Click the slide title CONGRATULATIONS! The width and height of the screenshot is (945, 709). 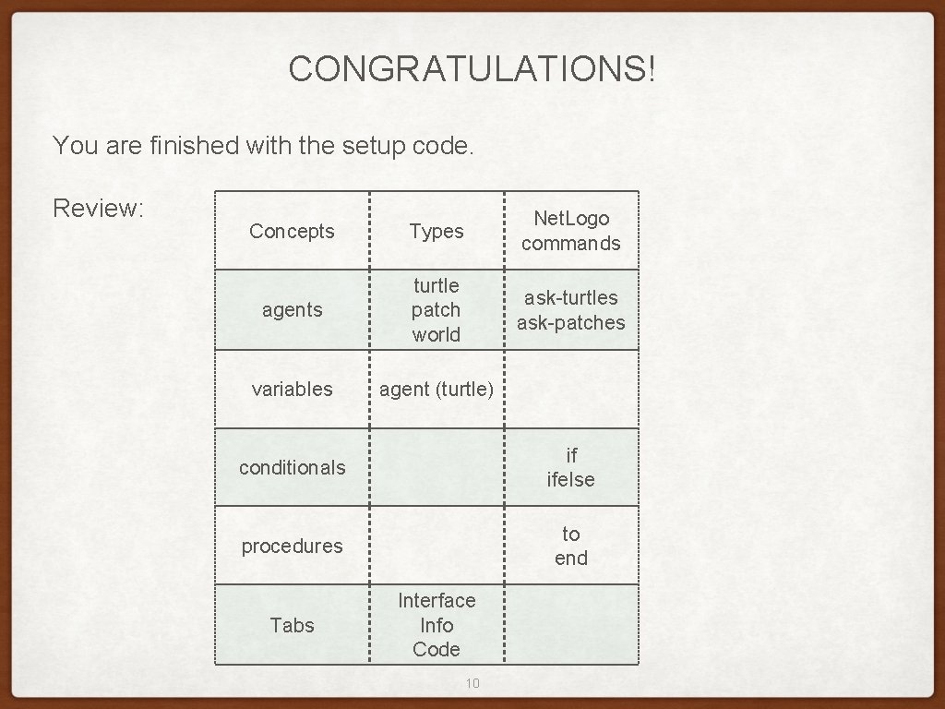pyautogui.click(x=472, y=69)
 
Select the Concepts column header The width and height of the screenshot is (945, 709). pyautogui.click(x=292, y=231)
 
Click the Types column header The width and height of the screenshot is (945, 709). pyautogui.click(x=436, y=231)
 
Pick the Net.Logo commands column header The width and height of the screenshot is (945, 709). pyautogui.click(x=570, y=231)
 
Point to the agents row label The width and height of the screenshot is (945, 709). pyautogui.click(x=292, y=310)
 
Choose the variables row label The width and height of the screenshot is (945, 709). pyautogui.click(x=292, y=389)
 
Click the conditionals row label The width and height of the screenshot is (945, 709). pyautogui.click(x=292, y=467)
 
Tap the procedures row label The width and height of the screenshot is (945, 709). pyautogui.click(x=292, y=546)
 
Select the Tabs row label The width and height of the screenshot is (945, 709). pyautogui.click(x=292, y=625)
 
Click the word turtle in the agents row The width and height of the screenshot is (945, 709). pyautogui.click(x=436, y=285)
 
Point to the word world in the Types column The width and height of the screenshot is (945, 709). pyautogui.click(x=436, y=334)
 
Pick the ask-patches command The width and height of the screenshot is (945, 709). pyautogui.click(x=570, y=322)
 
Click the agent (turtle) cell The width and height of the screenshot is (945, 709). pyautogui.click(x=436, y=389)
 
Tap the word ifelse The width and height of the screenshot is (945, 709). pyautogui.click(x=570, y=479)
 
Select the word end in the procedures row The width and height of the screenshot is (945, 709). pyautogui.click(x=570, y=558)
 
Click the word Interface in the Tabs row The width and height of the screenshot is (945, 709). pyautogui.click(x=436, y=600)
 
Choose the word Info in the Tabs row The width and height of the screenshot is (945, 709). pyautogui.click(x=436, y=625)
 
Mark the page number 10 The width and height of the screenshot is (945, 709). pyautogui.click(x=472, y=683)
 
